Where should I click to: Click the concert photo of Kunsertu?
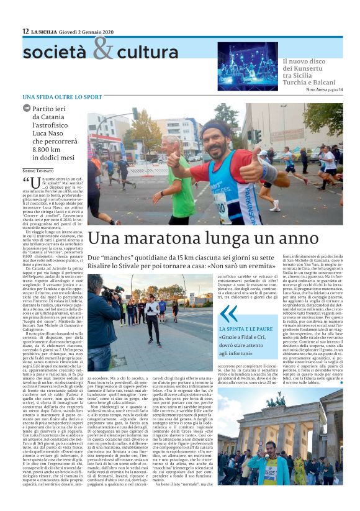[x=248, y=65]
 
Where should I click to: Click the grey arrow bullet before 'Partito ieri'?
[x=26, y=108]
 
